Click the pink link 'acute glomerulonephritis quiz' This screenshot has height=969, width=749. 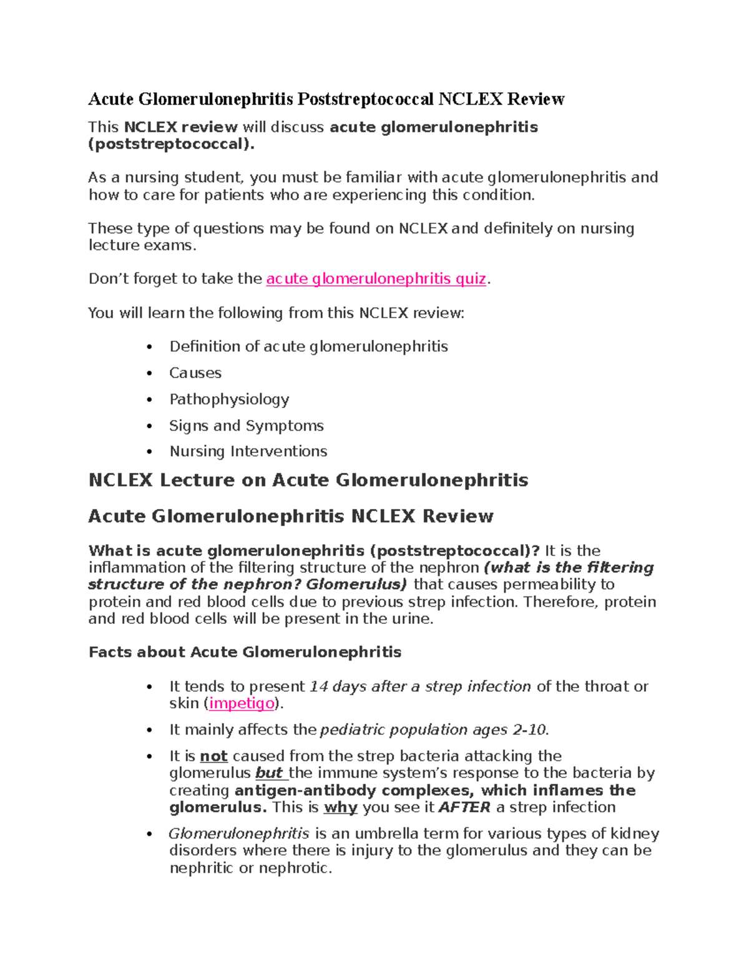(x=376, y=279)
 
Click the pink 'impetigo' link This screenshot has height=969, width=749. (x=242, y=703)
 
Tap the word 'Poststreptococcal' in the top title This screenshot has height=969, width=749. (x=365, y=99)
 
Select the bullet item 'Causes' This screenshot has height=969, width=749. (x=195, y=373)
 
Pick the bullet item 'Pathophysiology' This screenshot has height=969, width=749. (x=229, y=399)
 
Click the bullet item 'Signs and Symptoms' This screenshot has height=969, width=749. (x=247, y=426)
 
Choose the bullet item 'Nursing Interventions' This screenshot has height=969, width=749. (x=248, y=451)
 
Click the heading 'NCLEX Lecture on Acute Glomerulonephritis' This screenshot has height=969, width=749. (x=308, y=480)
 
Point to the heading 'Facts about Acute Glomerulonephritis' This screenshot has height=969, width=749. (x=245, y=653)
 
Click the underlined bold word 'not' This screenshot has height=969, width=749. (x=213, y=756)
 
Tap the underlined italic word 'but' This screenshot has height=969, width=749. (x=270, y=773)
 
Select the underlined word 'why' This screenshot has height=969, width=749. (x=340, y=807)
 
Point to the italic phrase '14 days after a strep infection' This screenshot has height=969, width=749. (x=420, y=686)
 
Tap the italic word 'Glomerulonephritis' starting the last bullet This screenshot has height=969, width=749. (x=239, y=834)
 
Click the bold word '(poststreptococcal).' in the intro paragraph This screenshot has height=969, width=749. (x=172, y=144)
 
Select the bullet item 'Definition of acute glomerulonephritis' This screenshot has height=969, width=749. (x=308, y=347)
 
